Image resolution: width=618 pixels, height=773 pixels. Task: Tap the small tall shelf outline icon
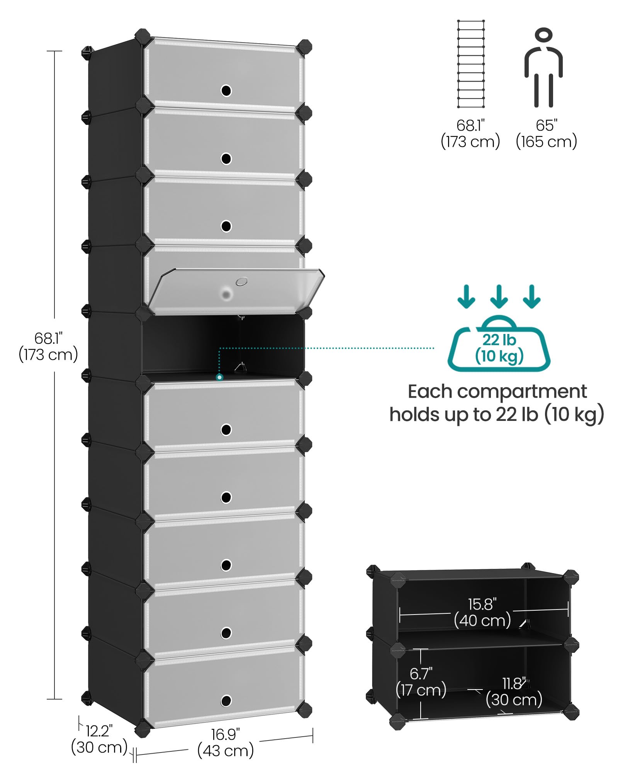click(x=471, y=64)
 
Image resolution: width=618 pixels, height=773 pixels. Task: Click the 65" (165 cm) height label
click(x=547, y=134)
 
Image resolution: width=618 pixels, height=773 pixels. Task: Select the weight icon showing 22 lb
click(x=499, y=344)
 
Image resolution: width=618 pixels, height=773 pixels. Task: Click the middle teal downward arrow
click(x=499, y=296)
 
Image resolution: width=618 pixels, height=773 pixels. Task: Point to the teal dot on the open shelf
click(x=219, y=377)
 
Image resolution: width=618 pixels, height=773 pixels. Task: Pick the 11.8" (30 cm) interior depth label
click(x=514, y=692)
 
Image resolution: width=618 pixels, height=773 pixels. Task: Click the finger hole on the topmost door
click(x=226, y=91)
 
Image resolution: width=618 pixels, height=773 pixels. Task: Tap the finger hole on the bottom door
click(x=226, y=700)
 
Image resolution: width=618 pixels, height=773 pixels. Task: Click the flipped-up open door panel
click(x=236, y=291)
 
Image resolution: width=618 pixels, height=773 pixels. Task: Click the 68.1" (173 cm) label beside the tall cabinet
click(x=48, y=347)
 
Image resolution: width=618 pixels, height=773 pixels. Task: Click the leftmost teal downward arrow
click(x=466, y=296)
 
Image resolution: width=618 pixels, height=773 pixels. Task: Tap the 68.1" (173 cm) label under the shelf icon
click(x=470, y=134)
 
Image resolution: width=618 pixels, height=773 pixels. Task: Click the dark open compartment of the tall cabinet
click(x=223, y=344)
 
